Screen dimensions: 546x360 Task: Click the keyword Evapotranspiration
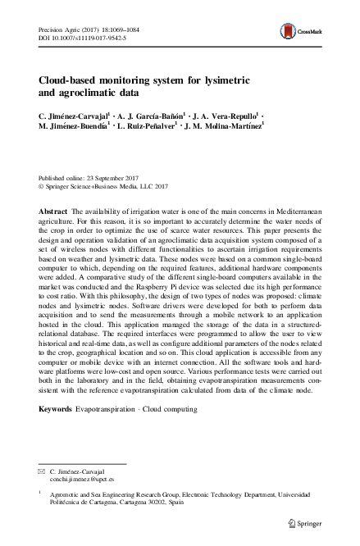[x=107, y=430]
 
